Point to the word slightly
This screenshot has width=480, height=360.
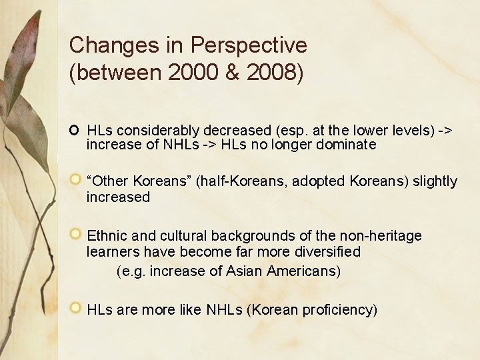[435, 181]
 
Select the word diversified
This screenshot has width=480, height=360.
[325, 252]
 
